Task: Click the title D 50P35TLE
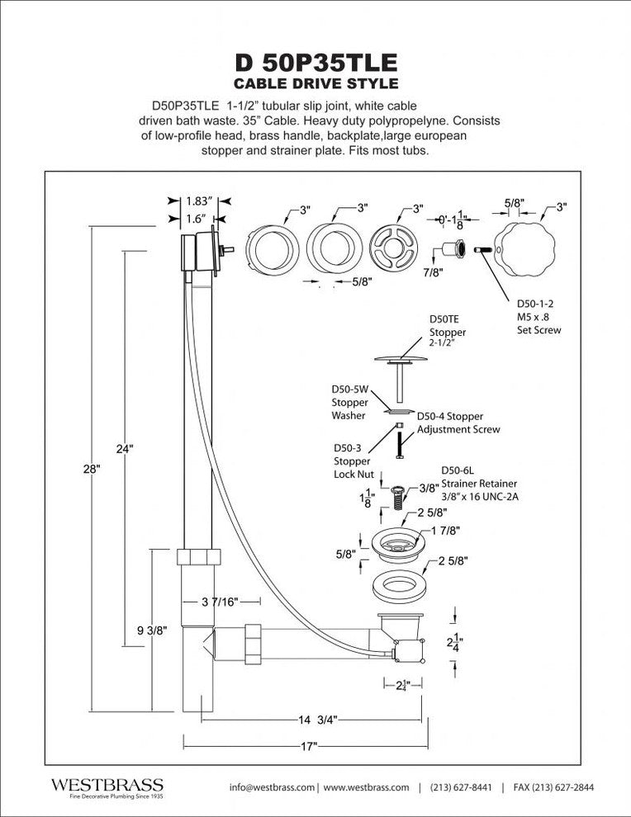tap(315, 62)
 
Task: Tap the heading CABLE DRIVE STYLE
tap(315, 83)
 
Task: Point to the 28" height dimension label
tap(92, 468)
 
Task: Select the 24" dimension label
tap(125, 449)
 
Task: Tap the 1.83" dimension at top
tap(199, 201)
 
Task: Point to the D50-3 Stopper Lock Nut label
tap(353, 461)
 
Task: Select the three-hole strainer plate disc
tap(394, 248)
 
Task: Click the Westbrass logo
tap(107, 786)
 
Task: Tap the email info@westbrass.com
tap(273, 787)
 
